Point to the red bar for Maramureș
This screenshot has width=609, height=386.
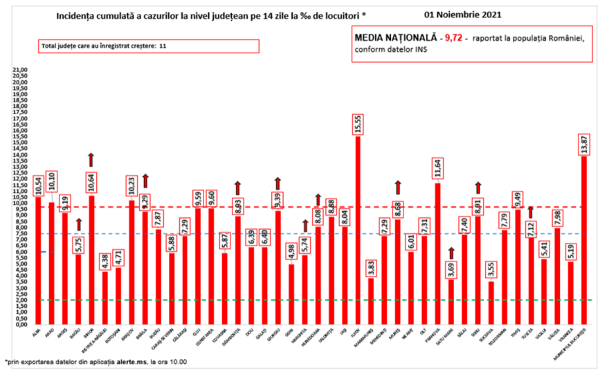tap(372, 301)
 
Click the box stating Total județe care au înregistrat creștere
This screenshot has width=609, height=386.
tap(149, 46)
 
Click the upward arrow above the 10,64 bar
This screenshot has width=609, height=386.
tap(91, 159)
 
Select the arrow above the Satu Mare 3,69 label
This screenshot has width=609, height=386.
tap(451, 254)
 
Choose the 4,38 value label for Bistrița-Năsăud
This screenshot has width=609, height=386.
tap(104, 259)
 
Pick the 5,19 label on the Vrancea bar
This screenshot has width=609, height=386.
tap(572, 250)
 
